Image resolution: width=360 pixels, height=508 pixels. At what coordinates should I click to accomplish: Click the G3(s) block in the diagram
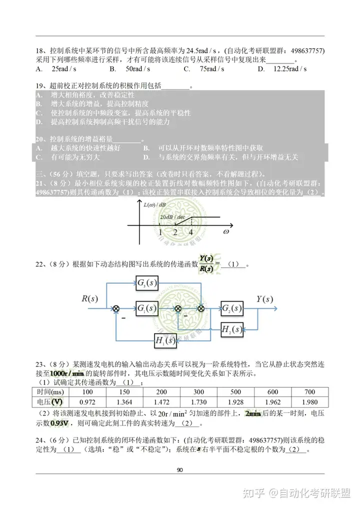(146, 283)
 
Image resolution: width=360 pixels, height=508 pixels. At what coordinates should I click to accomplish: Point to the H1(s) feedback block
(165, 342)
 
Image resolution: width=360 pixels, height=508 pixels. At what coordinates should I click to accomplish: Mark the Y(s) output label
(264, 299)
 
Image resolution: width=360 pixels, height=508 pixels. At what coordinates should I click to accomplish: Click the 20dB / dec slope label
(172, 218)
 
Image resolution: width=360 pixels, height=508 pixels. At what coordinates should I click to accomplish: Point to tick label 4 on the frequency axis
(190, 232)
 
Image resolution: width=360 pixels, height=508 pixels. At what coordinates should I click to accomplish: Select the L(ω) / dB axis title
(154, 205)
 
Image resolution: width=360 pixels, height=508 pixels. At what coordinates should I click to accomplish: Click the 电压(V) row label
(50, 401)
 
